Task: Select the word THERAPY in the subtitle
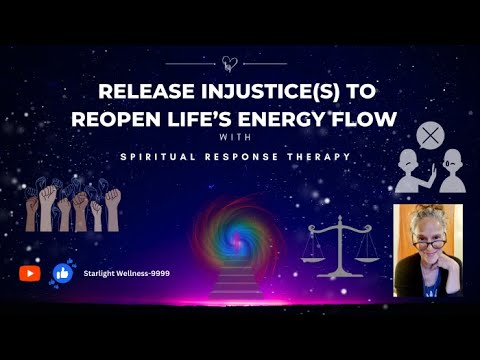(309, 157)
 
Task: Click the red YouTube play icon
(30, 273)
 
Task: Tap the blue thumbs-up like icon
(62, 273)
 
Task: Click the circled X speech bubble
(430, 135)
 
